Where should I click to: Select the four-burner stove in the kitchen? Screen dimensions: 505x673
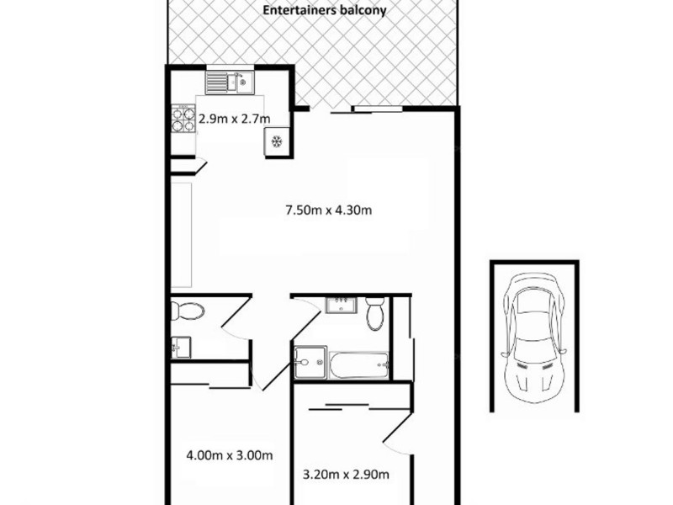(183, 119)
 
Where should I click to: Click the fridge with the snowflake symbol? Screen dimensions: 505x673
(276, 141)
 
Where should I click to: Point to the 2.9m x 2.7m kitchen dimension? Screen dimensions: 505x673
(235, 119)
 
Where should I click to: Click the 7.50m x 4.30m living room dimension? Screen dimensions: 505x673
(329, 210)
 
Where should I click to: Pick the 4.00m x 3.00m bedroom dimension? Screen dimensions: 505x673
(229, 456)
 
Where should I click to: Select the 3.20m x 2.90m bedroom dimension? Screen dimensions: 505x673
(345, 475)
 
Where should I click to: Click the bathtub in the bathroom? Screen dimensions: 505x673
(359, 364)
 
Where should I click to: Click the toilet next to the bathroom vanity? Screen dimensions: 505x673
(376, 314)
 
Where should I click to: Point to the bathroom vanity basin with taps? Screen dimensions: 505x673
(342, 304)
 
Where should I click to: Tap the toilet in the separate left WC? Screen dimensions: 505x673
(188, 311)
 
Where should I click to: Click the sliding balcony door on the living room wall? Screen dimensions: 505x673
(383, 109)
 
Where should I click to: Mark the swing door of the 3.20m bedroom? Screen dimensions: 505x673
(397, 438)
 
